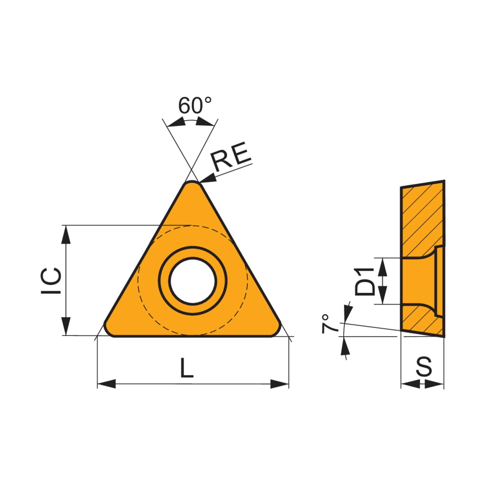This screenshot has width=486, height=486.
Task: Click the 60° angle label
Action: (195, 105)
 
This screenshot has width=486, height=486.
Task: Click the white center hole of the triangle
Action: (193, 281)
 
